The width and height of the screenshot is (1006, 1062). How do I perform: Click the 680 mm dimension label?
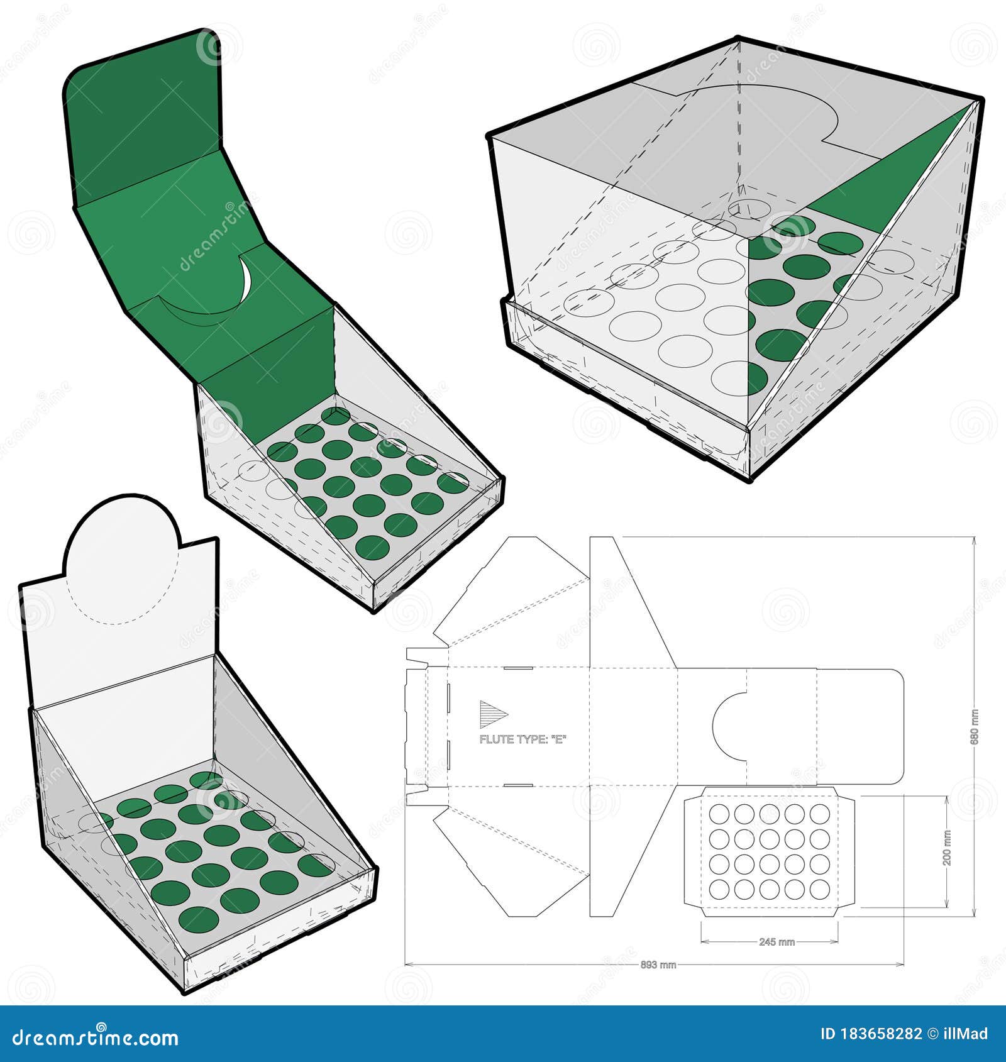tap(975, 727)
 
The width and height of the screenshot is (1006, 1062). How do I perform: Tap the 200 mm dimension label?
tap(948, 847)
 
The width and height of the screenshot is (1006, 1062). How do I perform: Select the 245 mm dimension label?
tap(777, 942)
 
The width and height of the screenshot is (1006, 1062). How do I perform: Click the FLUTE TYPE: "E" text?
tap(522, 739)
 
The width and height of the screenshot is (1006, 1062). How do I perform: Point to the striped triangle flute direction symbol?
tap(493, 714)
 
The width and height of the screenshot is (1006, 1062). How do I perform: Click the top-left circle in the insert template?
tap(719, 814)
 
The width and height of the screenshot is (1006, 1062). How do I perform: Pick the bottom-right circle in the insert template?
tap(820, 889)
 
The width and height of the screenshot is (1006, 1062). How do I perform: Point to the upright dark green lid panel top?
tap(145, 113)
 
